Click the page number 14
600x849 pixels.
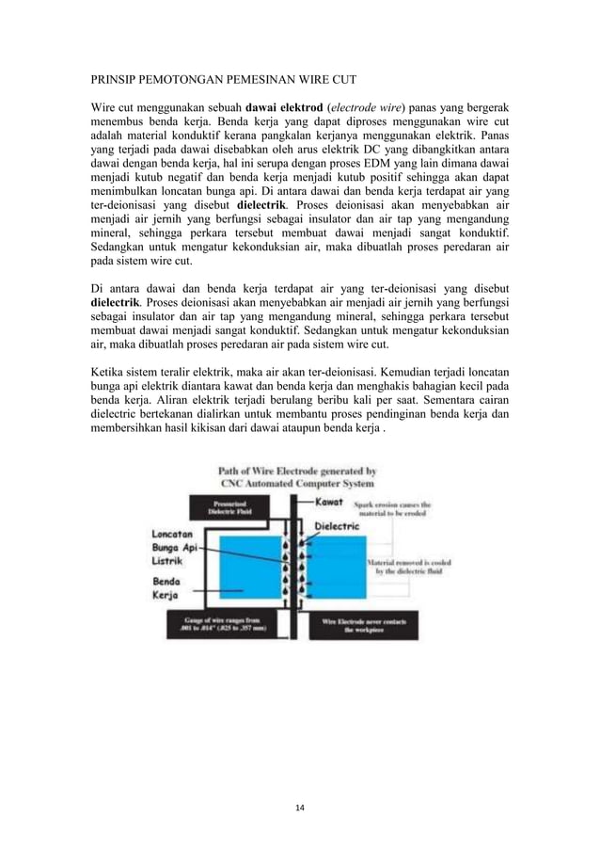coord(300,807)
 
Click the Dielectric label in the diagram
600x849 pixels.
coord(336,526)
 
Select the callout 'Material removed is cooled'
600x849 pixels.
coord(405,567)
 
